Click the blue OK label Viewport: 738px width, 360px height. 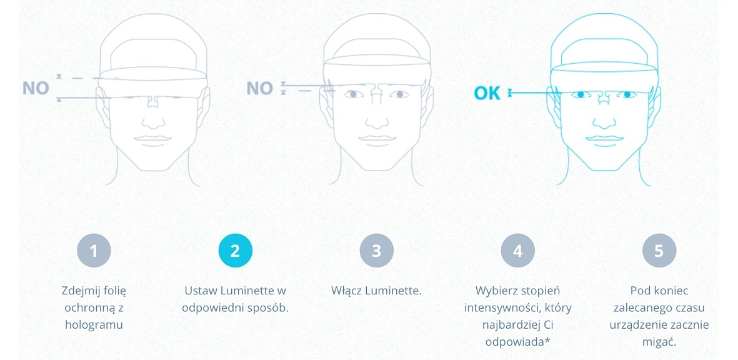[x=487, y=93]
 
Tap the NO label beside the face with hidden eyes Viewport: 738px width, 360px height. [x=36, y=88]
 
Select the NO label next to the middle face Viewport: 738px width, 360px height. [x=259, y=88]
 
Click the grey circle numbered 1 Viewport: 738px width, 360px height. [x=94, y=251]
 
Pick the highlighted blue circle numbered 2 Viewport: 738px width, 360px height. [x=235, y=251]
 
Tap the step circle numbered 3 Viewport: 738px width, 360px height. [x=376, y=251]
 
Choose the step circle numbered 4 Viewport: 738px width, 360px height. [x=517, y=251]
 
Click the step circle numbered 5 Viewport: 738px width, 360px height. [x=659, y=251]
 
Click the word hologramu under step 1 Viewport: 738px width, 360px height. [x=94, y=325]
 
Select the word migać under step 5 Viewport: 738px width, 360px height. [x=659, y=342]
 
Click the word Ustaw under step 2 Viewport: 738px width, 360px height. [x=199, y=291]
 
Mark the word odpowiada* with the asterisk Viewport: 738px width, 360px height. [x=517, y=342]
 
